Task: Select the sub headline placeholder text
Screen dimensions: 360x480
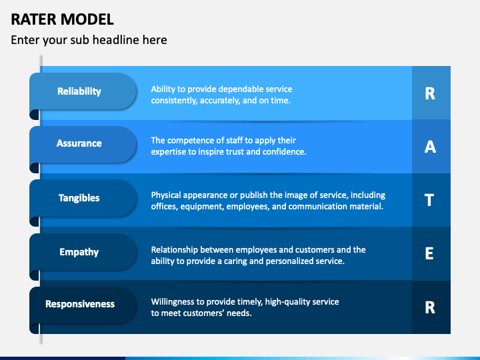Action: [x=89, y=40]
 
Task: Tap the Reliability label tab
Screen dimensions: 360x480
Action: [x=79, y=91]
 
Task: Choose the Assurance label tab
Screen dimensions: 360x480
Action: [x=79, y=143]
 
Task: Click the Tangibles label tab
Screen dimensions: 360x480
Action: [x=79, y=198]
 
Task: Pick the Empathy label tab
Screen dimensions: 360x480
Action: [x=79, y=252]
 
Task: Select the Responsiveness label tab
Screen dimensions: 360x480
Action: [x=80, y=304]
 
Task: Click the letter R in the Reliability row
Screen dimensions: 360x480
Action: [x=430, y=93]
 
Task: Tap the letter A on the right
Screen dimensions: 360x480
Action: [x=430, y=147]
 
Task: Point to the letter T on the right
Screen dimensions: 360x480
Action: [x=430, y=200]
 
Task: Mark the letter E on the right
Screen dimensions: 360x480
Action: [x=430, y=253]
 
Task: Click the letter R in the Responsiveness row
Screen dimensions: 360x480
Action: [x=430, y=307]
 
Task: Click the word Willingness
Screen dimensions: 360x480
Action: [x=175, y=302]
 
